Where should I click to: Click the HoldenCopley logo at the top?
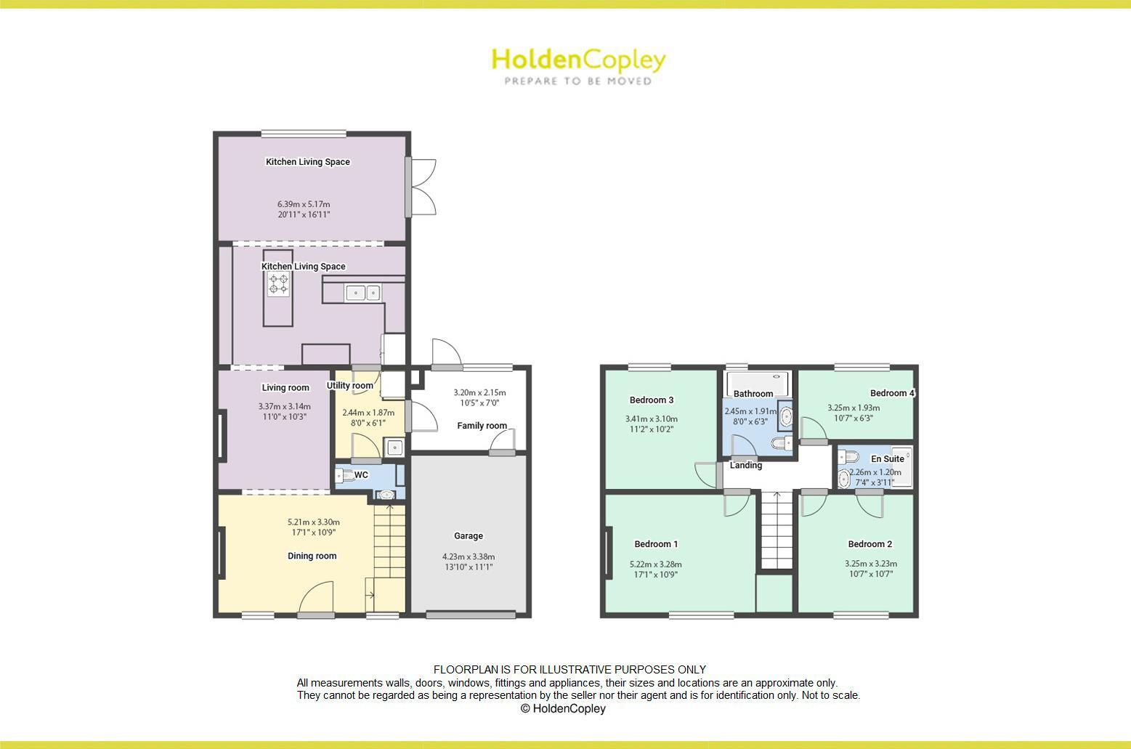click(x=578, y=60)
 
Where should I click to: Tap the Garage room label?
click(x=469, y=536)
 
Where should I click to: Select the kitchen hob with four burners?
click(x=278, y=284)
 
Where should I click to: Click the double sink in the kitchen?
click(x=362, y=293)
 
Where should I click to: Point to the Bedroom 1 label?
click(x=656, y=544)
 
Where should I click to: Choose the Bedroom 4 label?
click(x=892, y=393)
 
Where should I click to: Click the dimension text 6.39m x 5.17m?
click(x=304, y=204)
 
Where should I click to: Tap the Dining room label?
click(x=312, y=556)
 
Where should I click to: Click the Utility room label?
click(x=349, y=386)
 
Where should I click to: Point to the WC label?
click(x=361, y=475)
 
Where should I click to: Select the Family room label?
click(x=482, y=426)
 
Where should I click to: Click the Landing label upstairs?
click(x=746, y=466)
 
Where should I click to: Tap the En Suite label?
click(x=888, y=459)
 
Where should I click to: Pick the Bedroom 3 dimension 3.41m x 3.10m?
click(x=651, y=418)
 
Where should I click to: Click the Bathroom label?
click(x=753, y=394)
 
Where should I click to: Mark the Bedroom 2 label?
click(x=869, y=544)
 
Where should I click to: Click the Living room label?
click(x=285, y=388)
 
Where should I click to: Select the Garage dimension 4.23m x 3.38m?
click(x=469, y=556)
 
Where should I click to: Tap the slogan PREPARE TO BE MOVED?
click(x=578, y=81)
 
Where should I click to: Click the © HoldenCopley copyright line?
click(x=563, y=708)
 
